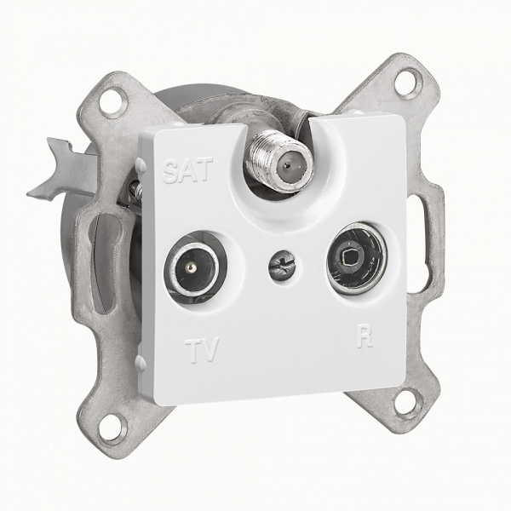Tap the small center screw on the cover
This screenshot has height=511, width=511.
(278, 265)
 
